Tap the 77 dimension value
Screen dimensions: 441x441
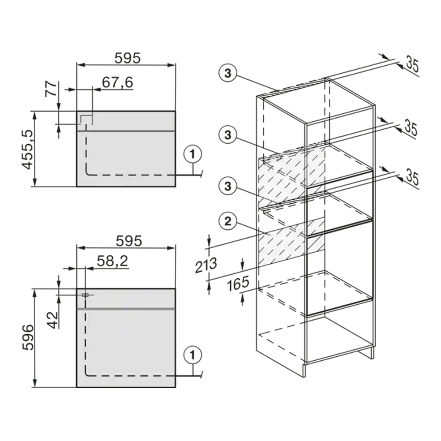[x=51, y=89]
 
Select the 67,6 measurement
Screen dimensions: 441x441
[x=118, y=82]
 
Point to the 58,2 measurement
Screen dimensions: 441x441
[x=112, y=261]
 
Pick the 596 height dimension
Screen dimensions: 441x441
[x=28, y=337]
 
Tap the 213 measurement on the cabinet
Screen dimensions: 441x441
[x=206, y=265]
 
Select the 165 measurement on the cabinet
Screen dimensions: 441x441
[x=238, y=284]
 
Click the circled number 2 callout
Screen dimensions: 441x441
[x=228, y=221]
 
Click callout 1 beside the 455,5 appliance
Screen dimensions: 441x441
[x=192, y=154]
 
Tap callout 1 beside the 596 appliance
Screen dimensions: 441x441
[x=192, y=355]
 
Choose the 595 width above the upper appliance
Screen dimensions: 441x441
[x=127, y=58]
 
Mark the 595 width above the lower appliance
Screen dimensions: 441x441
[x=129, y=241]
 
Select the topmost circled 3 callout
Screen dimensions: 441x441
[x=228, y=73]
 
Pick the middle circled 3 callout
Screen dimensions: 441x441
[x=228, y=135]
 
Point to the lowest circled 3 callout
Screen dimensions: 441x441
[x=228, y=186]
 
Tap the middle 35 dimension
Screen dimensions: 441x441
[x=411, y=128]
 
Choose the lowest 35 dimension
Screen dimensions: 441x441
[x=412, y=178]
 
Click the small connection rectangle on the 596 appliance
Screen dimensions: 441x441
[x=85, y=295]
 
